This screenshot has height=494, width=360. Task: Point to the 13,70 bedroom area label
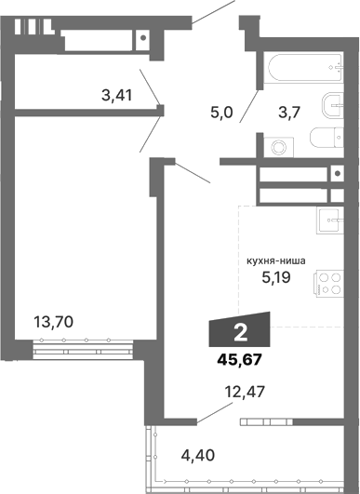pos(53,323)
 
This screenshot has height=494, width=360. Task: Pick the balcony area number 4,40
pos(198,456)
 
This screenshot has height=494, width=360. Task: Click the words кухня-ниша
pos(276,261)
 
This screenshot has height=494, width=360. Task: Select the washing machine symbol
pos(276,146)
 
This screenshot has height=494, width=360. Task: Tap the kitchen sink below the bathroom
pos(329,221)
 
